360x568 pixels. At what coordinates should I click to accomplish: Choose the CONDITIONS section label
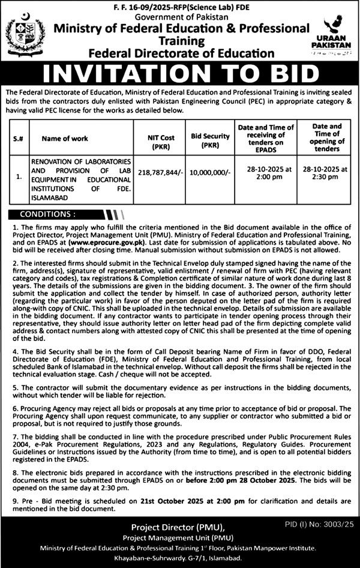tap(48, 213)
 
